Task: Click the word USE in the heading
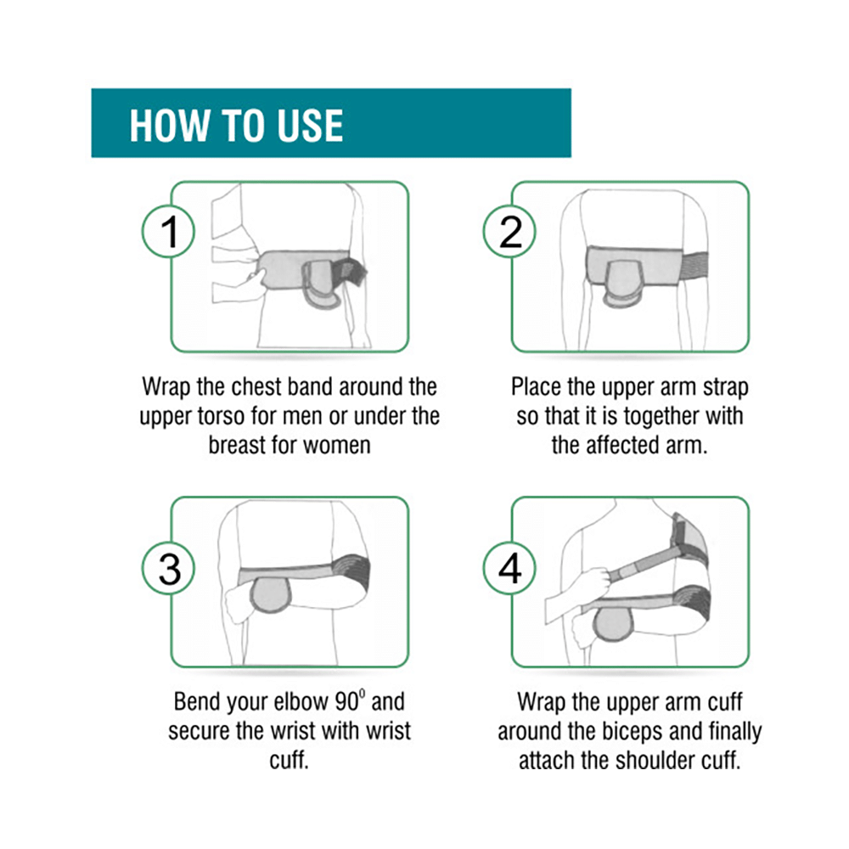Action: (310, 126)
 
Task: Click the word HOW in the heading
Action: (169, 126)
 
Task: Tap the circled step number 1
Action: (168, 231)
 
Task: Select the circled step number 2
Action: (509, 231)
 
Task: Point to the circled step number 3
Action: (168, 569)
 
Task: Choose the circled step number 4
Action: (509, 569)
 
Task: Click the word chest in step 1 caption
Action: (256, 387)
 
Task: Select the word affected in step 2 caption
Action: (623, 445)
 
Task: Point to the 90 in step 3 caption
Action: (346, 702)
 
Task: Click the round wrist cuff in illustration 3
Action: (270, 594)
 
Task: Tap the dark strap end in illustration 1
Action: (349, 272)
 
